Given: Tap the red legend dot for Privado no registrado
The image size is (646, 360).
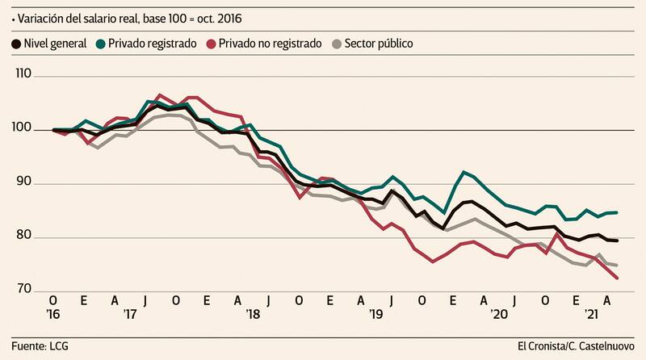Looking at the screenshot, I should click(x=212, y=43).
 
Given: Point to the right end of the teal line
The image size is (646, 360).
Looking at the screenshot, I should click(x=617, y=212).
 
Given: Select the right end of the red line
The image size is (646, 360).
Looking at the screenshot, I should click(x=617, y=278).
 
